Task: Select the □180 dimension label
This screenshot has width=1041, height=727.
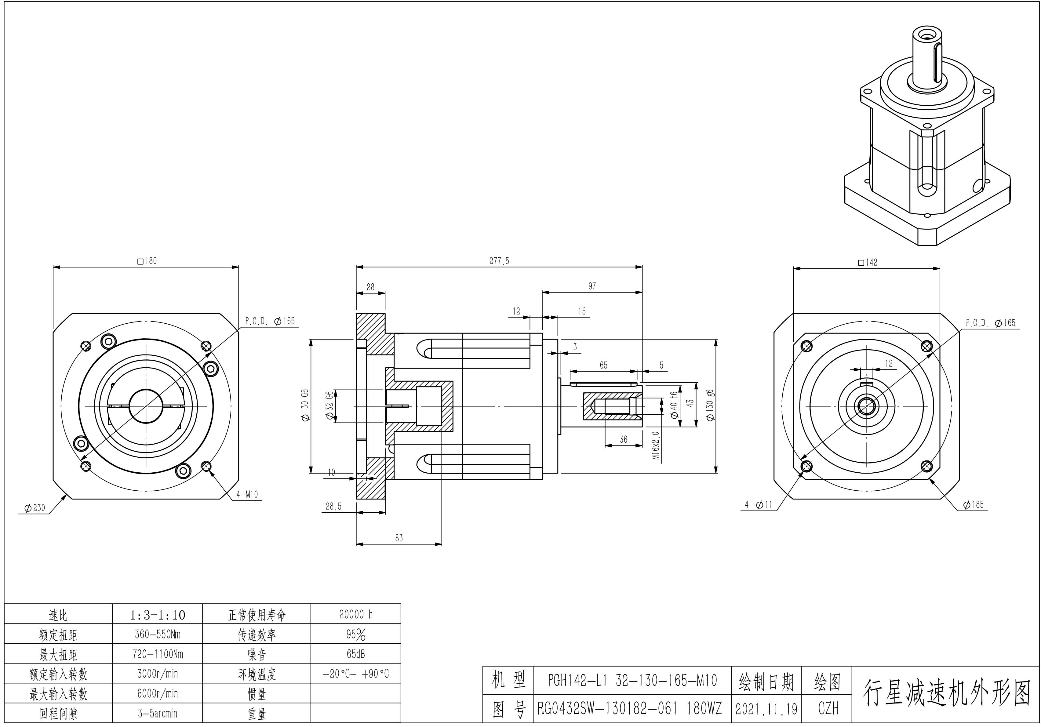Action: coord(147,261)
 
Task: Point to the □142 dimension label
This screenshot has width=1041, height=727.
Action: coord(867,262)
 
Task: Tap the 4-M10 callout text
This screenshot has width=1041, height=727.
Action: coord(247,494)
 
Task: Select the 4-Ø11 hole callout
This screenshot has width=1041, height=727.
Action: coord(758,504)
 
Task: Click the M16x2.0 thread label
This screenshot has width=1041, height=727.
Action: coord(656,445)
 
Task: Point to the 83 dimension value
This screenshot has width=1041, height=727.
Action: coord(399,538)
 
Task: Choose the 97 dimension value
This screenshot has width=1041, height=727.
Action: coord(592,286)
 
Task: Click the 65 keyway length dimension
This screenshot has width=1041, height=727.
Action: coord(603,365)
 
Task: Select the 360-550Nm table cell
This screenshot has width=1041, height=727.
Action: coord(157,634)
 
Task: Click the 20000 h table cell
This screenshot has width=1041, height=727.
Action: coord(356,615)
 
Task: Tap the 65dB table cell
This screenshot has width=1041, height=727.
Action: coord(356,654)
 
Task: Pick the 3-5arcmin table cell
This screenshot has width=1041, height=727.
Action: coord(157,713)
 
